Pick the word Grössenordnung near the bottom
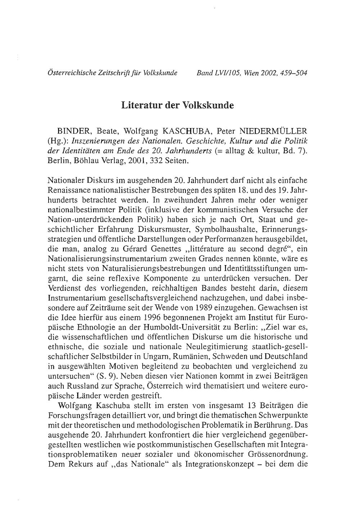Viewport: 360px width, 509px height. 278,454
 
